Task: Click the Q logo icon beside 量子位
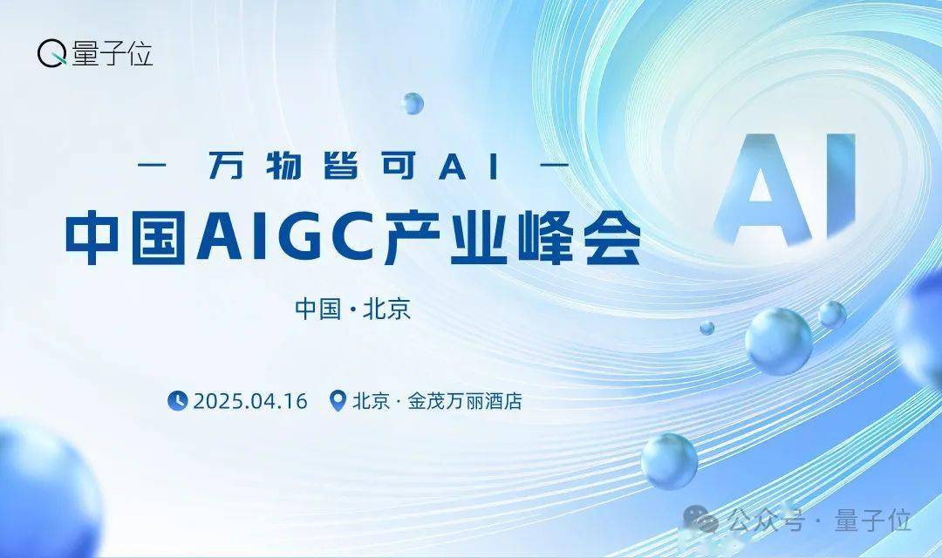[52, 53]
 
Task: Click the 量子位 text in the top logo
[113, 53]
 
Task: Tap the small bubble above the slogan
[412, 103]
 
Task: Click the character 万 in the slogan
[226, 165]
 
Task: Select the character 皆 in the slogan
[342, 165]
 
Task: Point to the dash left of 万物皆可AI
[152, 165]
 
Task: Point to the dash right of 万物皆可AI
[556, 165]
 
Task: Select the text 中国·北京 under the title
[352, 309]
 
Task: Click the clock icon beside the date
[178, 401]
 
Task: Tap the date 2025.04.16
[250, 401]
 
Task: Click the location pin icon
[338, 401]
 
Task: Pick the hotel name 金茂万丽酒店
[465, 401]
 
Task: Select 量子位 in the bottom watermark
[873, 520]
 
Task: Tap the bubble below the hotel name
[669, 461]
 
